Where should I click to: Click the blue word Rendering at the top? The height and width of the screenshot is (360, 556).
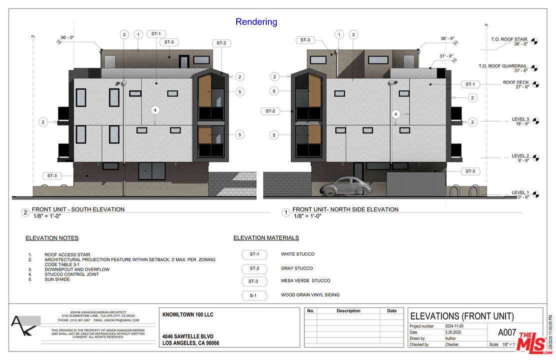256,22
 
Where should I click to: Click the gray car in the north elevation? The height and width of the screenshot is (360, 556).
346,186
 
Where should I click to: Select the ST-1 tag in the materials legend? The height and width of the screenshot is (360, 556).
254,254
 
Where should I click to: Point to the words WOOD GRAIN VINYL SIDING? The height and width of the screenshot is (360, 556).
310,295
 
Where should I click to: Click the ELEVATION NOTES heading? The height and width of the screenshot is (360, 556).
52,238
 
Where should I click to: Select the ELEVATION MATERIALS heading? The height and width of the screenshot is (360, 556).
266,238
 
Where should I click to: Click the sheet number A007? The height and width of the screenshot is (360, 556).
508,332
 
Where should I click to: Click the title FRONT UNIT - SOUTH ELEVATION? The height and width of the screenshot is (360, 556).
78,209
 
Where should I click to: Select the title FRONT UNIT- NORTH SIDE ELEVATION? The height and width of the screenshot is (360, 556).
345,209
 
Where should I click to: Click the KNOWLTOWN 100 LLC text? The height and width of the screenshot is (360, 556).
188,315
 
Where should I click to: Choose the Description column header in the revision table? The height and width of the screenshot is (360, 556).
348,311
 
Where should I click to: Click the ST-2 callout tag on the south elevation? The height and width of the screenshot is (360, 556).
221,43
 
